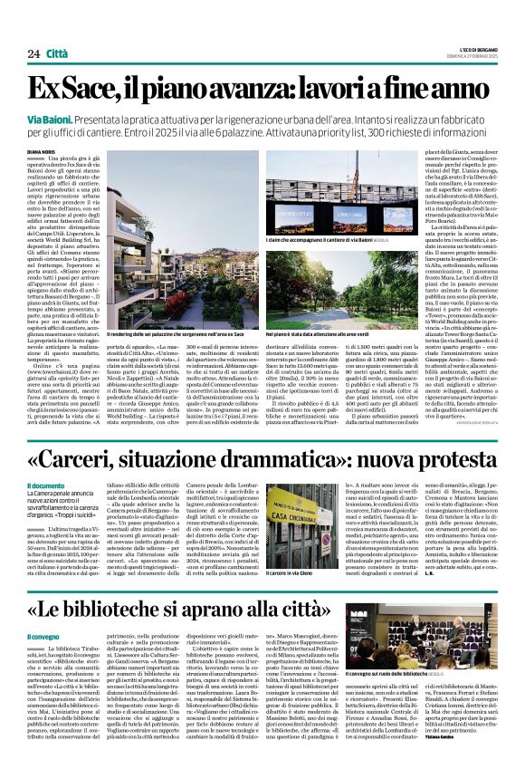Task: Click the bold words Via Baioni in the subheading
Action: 51,120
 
